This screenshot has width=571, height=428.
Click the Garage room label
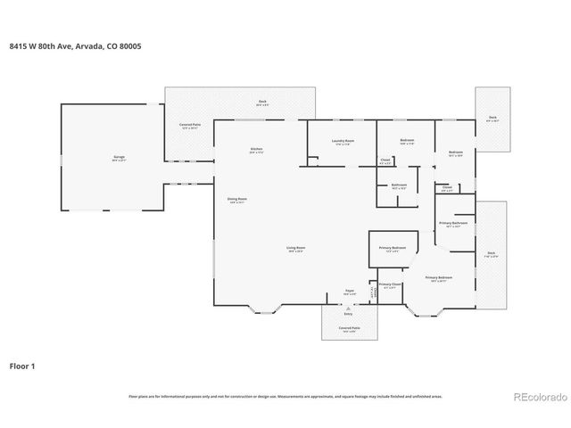119,158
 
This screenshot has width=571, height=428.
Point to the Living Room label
295,249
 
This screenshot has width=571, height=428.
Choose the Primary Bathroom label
452,224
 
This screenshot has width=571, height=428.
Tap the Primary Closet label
390,285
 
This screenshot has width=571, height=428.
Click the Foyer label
350,292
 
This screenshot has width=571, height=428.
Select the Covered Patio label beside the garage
188,126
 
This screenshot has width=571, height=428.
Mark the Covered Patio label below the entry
349,330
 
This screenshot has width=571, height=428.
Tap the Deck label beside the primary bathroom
491,255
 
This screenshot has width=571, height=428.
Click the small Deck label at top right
492,119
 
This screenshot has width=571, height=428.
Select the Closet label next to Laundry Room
385,162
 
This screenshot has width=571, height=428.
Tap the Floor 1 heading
23,366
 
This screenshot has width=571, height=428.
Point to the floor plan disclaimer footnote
285,395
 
